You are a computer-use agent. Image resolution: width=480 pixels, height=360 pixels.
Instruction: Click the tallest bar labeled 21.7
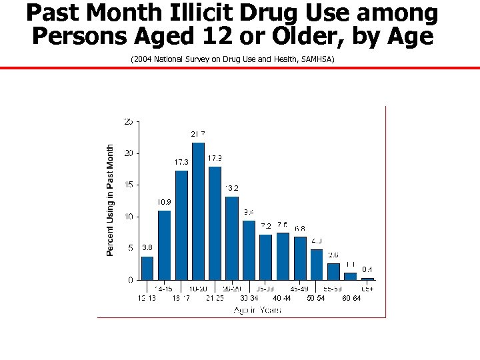click(x=198, y=211)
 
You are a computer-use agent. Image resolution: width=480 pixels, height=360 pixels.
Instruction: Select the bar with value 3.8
click(x=147, y=268)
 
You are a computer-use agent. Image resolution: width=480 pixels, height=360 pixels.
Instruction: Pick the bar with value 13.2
click(x=232, y=238)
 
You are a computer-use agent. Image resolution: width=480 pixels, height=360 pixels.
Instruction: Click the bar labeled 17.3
click(x=181, y=225)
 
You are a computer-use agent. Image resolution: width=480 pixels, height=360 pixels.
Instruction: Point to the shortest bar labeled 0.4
click(x=367, y=279)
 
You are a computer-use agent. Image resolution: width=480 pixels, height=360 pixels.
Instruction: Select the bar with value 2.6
click(x=333, y=271)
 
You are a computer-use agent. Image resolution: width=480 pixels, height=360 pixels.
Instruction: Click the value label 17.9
click(x=215, y=158)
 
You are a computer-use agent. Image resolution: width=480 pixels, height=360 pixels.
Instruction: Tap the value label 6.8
click(x=300, y=229)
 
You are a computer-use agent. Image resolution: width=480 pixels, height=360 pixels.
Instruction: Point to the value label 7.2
click(x=266, y=226)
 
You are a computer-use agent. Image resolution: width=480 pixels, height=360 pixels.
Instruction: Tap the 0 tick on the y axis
click(x=129, y=280)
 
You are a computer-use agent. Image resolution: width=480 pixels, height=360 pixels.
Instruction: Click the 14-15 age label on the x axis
click(x=164, y=289)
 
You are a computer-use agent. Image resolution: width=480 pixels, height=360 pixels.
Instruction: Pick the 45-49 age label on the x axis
click(x=299, y=289)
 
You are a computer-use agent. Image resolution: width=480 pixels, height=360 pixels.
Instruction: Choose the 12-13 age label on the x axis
click(x=147, y=298)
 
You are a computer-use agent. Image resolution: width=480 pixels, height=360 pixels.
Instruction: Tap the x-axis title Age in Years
click(x=257, y=310)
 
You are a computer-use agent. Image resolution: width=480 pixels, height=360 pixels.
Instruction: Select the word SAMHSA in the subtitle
click(x=318, y=59)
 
